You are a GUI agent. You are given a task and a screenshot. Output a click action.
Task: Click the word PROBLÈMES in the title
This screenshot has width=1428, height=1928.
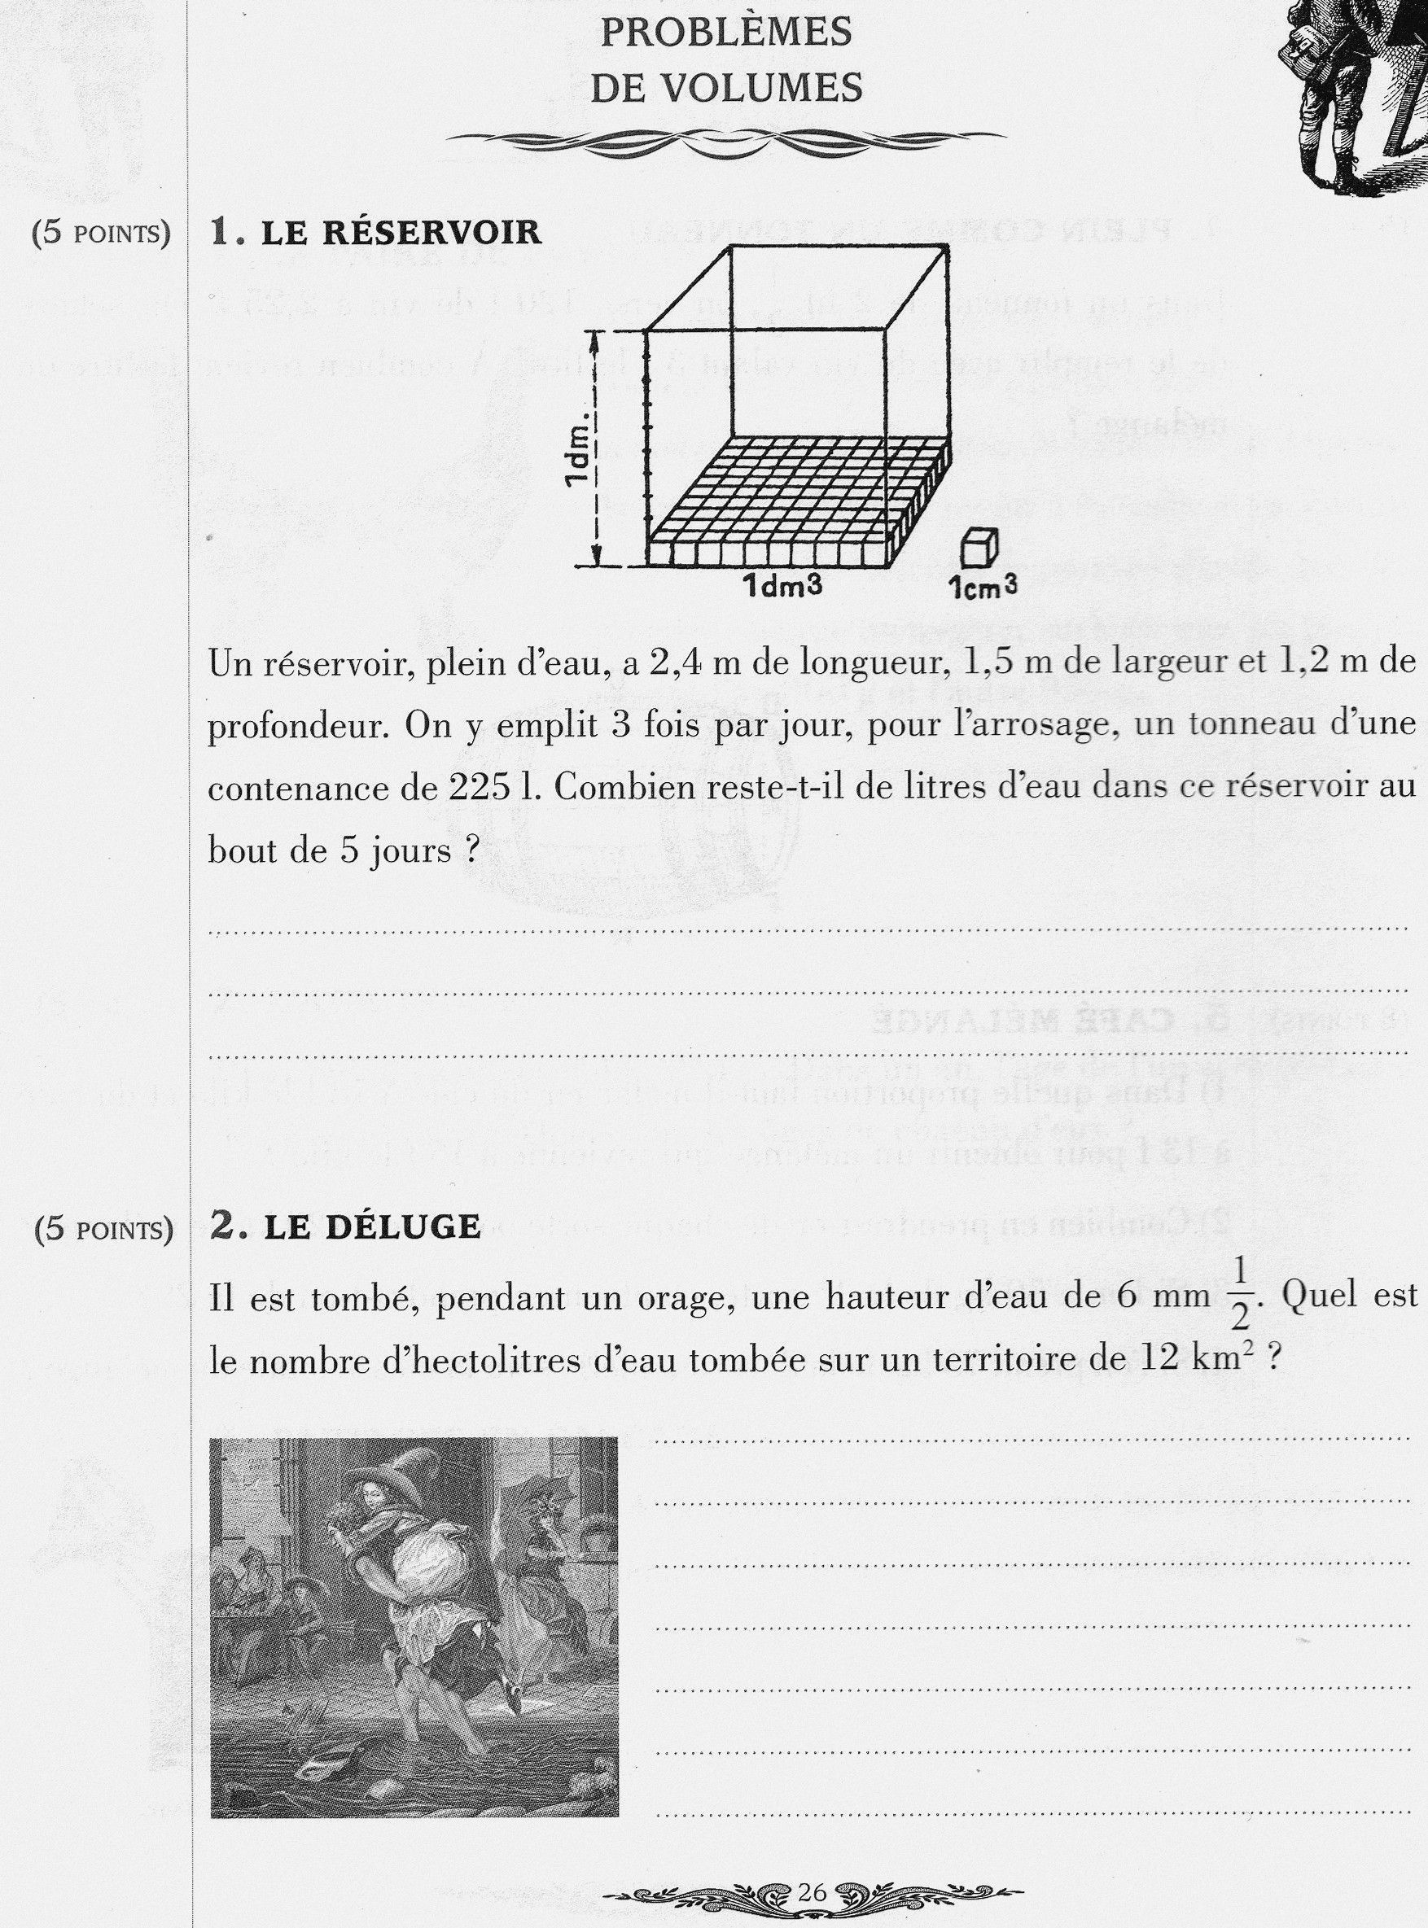pos(726,33)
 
